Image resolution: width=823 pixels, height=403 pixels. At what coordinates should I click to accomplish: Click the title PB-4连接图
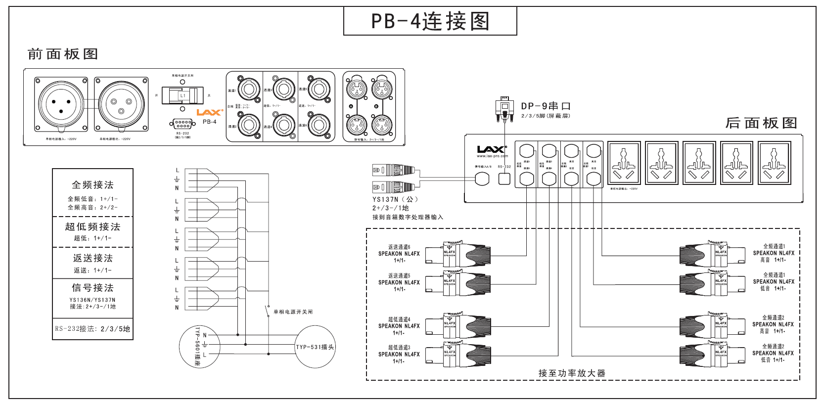430,21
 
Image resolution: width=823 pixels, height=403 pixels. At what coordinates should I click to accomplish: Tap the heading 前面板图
63,54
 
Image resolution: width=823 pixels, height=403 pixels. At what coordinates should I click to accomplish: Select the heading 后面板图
761,123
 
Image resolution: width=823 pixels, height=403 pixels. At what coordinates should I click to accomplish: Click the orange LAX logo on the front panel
209,112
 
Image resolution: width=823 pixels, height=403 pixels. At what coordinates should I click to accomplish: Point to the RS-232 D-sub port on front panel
182,124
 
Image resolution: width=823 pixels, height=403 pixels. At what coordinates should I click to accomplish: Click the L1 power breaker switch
183,95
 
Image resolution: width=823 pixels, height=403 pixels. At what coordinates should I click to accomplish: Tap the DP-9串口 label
546,106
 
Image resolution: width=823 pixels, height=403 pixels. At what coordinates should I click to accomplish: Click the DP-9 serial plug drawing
504,109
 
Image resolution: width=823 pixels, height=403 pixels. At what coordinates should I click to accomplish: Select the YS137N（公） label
396,200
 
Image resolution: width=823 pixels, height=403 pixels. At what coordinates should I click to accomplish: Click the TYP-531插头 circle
315,347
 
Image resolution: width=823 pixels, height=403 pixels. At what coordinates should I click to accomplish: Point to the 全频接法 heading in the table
92,185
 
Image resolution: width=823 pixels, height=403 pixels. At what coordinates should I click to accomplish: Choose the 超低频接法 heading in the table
92,227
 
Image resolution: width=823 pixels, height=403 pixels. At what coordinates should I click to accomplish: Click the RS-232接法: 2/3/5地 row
92,329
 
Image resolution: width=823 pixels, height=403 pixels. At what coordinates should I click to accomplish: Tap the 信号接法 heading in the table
92,288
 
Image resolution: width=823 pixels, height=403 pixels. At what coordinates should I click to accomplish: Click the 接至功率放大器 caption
572,373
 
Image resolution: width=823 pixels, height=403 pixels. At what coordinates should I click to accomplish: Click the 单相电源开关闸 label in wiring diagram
293,312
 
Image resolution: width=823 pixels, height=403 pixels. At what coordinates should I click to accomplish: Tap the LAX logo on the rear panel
491,149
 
